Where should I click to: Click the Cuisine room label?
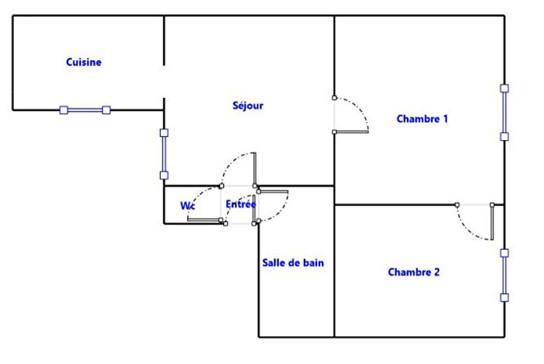click(84, 62)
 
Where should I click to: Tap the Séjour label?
click(248, 105)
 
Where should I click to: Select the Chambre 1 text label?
click(422, 119)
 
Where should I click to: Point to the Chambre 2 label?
click(413, 272)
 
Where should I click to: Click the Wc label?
click(187, 206)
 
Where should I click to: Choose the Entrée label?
click(241, 204)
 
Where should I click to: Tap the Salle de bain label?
click(293, 263)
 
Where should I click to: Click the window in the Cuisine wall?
click(85, 110)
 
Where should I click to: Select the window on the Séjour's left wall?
click(164, 154)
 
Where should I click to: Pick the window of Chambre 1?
click(504, 112)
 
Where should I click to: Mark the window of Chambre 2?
click(504, 275)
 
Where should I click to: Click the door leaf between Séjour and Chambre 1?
click(350, 132)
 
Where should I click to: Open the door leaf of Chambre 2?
click(493, 222)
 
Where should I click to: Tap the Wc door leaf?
click(204, 221)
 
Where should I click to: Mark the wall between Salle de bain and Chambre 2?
click(334, 272)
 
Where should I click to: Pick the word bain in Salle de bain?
click(313, 263)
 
